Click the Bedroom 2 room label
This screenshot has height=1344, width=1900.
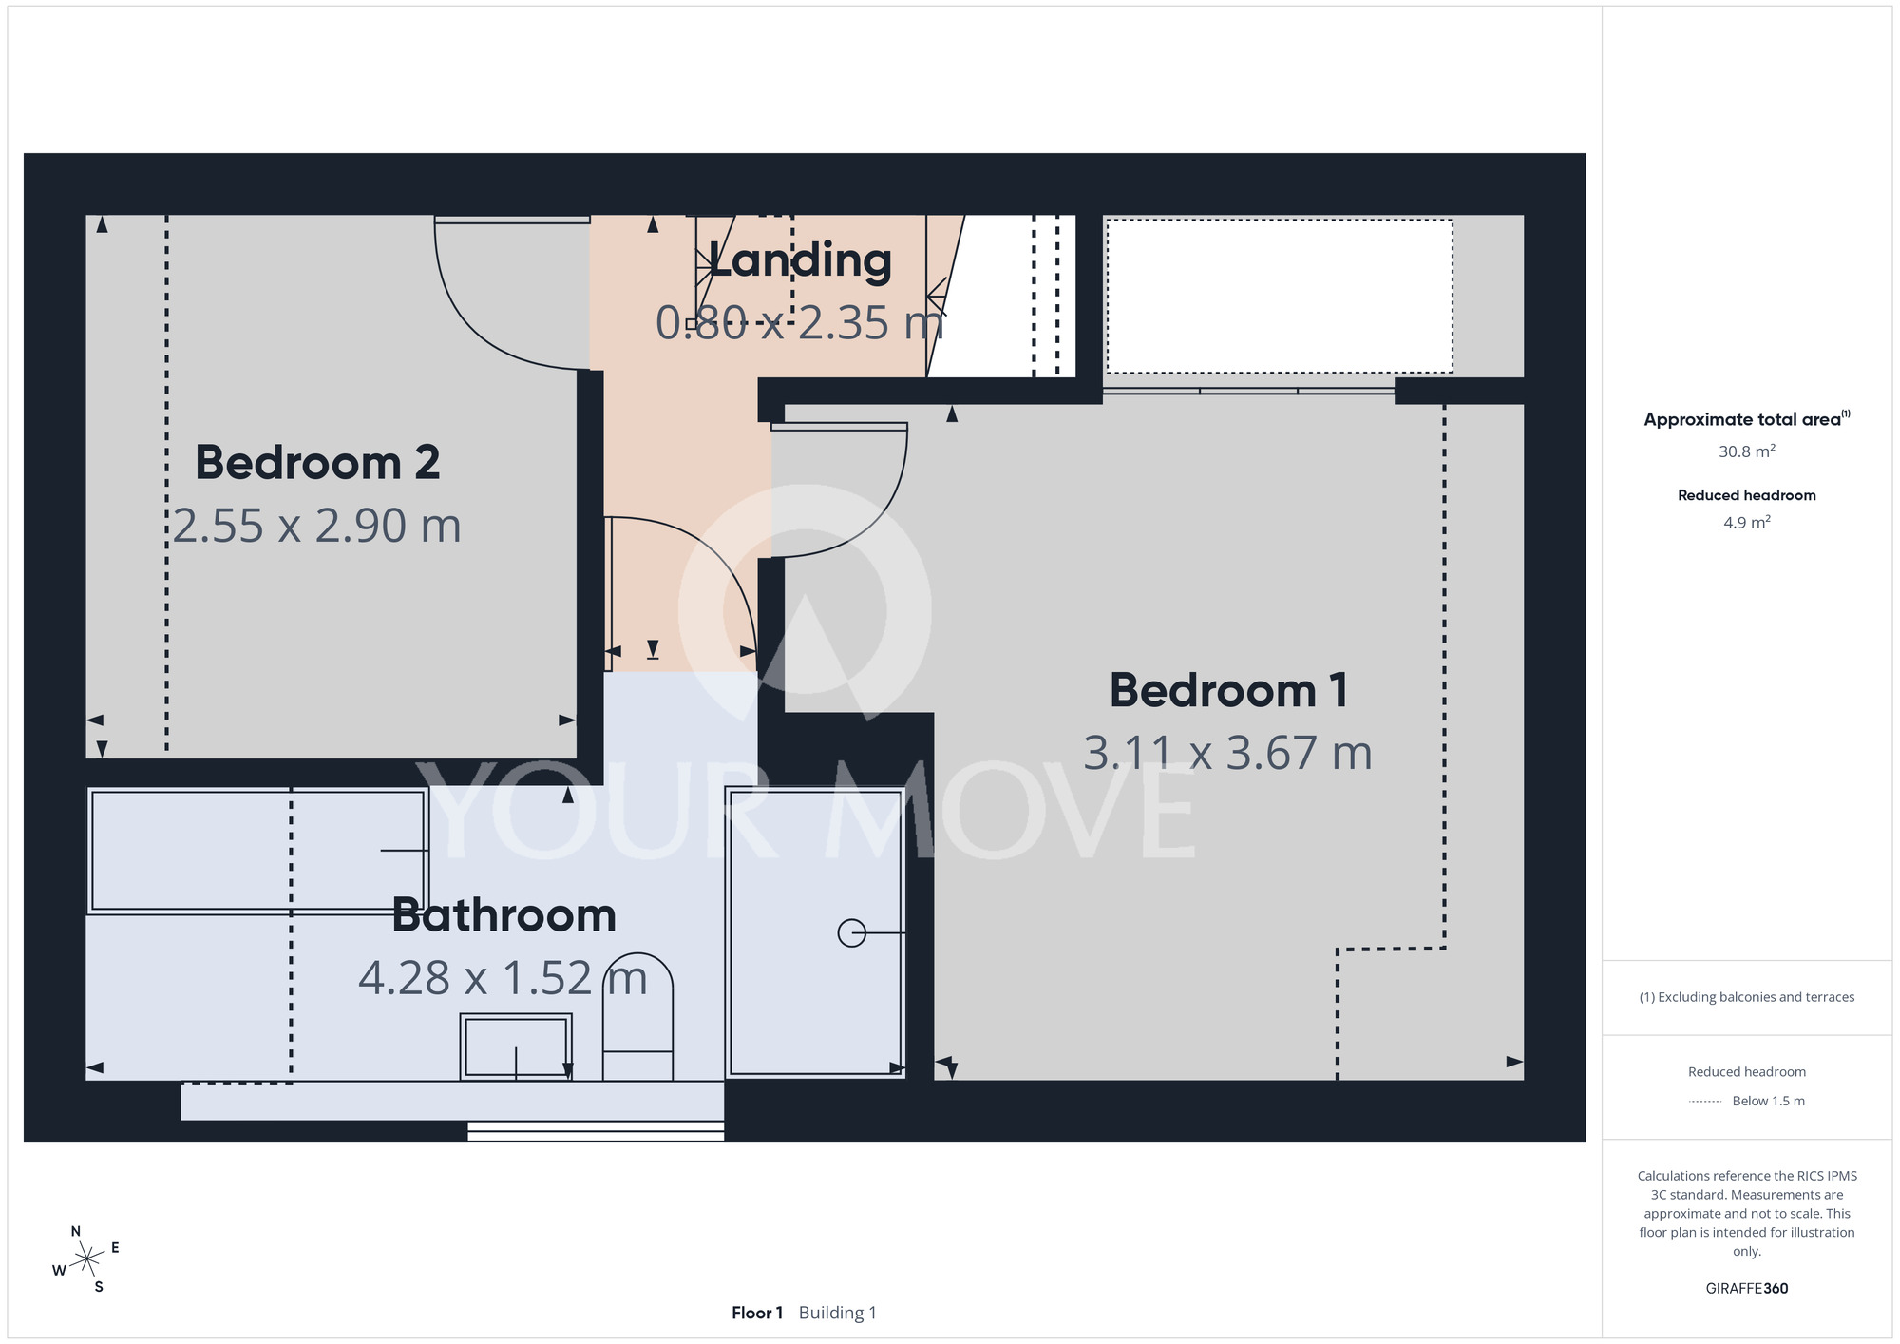[x=317, y=463]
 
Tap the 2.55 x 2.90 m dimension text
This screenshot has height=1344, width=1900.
[x=317, y=526]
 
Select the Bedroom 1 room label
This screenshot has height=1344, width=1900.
[x=1228, y=690]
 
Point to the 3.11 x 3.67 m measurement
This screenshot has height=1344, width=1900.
[x=1228, y=753]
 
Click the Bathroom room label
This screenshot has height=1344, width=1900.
[x=504, y=915]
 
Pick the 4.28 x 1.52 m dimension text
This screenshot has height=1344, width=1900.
[x=503, y=978]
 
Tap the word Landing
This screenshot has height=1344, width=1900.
[x=800, y=260]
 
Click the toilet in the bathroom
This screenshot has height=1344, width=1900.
[x=638, y=1016]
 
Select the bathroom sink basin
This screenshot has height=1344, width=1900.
[x=516, y=1046]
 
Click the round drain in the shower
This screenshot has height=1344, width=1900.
[x=851, y=933]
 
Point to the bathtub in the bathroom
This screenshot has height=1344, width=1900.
[x=257, y=851]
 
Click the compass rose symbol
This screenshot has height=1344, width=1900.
[x=86, y=1259]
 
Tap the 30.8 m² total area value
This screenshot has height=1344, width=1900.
[x=1747, y=451]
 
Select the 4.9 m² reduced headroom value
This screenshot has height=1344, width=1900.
[x=1747, y=522]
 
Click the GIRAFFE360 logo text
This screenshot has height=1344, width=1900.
[x=1747, y=1289]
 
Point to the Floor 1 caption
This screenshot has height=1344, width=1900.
[x=757, y=1313]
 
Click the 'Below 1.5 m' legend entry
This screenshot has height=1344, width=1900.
[x=1768, y=1101]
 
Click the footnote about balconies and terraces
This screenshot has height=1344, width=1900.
[x=1747, y=997]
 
